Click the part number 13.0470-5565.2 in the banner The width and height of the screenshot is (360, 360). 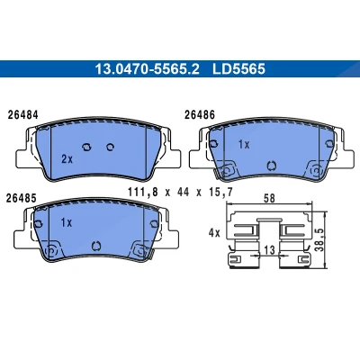point(147,69)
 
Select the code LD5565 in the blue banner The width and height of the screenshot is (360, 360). point(239,69)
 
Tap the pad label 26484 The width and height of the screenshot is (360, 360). point(23,115)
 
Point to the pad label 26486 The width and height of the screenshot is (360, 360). point(200,114)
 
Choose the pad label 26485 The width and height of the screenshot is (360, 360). point(22,198)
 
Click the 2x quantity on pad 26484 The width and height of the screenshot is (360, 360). point(67,159)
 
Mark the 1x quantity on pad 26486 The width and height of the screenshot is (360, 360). point(244,145)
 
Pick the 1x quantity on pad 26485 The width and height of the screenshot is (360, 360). point(67,222)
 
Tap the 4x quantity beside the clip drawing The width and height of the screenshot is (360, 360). point(214,233)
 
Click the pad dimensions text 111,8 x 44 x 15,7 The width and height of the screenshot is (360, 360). point(180,192)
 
